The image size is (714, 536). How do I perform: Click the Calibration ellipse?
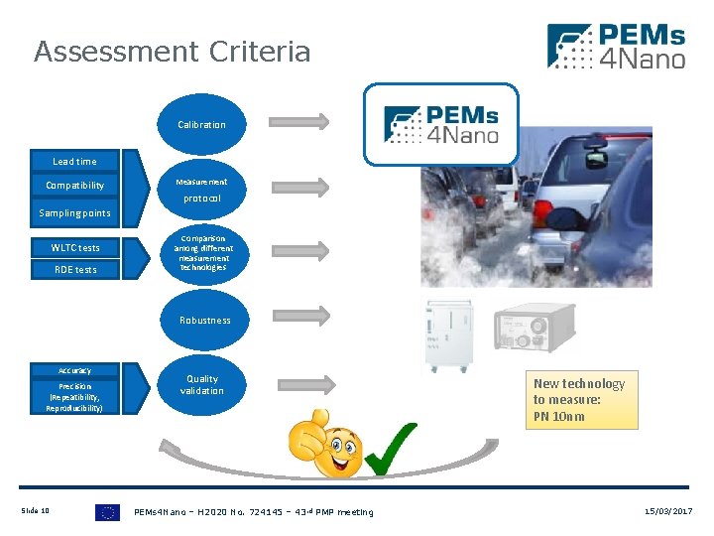click(201, 125)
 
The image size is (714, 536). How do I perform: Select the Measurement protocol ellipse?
click(201, 190)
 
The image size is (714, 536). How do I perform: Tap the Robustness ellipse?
click(204, 320)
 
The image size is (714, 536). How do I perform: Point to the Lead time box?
click(74, 161)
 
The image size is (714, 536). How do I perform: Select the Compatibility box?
click(74, 186)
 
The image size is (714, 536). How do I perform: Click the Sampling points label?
click(74, 212)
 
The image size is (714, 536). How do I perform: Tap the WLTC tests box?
click(75, 247)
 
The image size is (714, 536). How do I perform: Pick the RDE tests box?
click(75, 269)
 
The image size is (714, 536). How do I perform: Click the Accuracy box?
click(74, 370)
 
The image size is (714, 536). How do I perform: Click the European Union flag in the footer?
click(107, 512)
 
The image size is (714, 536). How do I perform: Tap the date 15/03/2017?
click(668, 511)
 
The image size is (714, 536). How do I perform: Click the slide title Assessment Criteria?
click(172, 52)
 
